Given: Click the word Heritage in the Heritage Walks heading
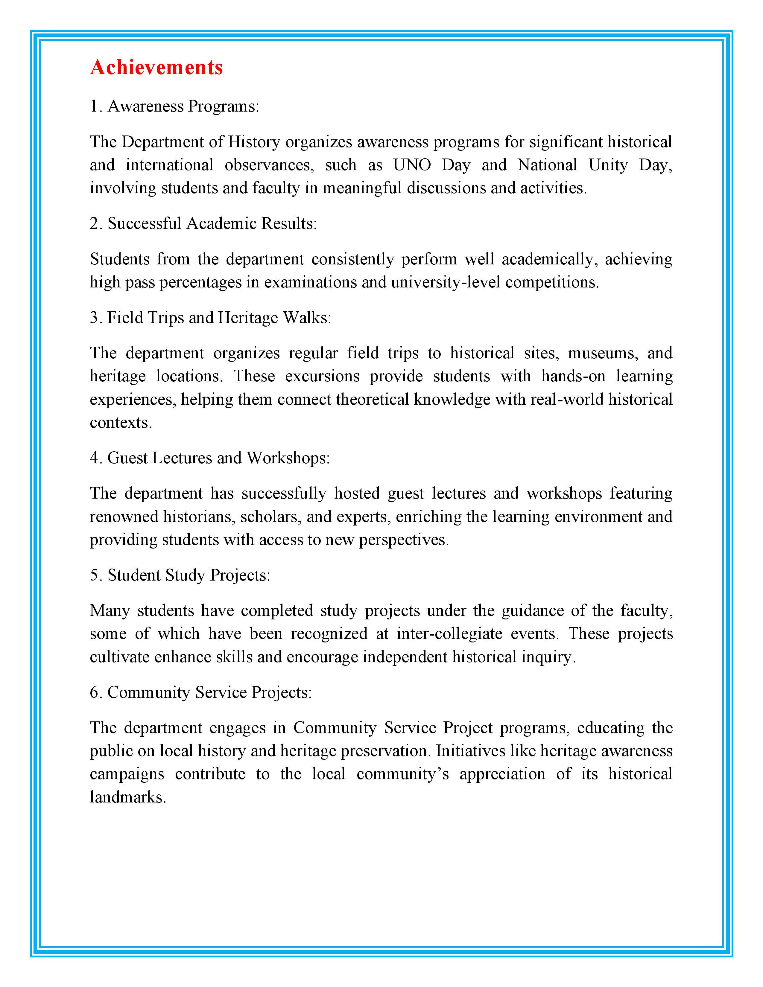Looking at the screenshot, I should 248,318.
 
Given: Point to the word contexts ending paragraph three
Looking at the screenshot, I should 120,423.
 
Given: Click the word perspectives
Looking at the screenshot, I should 404,540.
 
